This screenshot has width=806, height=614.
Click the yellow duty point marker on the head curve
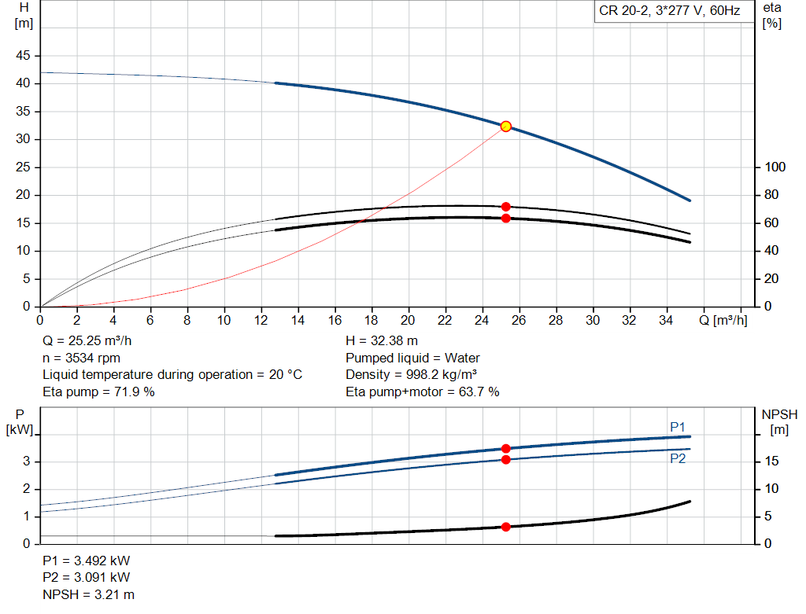505,127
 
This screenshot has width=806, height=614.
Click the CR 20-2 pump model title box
667,12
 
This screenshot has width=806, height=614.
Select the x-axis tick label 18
371,320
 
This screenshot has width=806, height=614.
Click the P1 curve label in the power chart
678,427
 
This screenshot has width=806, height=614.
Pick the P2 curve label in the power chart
678,458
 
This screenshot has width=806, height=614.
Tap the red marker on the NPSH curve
505,527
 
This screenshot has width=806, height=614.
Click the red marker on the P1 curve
505,449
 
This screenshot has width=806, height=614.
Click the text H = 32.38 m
383,341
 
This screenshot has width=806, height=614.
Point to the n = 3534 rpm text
81,358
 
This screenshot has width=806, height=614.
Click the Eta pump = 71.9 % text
98,391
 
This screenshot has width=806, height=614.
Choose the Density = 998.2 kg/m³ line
412,374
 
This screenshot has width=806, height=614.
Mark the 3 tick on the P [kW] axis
26,461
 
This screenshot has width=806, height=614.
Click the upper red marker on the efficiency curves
505,207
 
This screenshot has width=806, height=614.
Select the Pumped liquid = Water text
412,358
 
